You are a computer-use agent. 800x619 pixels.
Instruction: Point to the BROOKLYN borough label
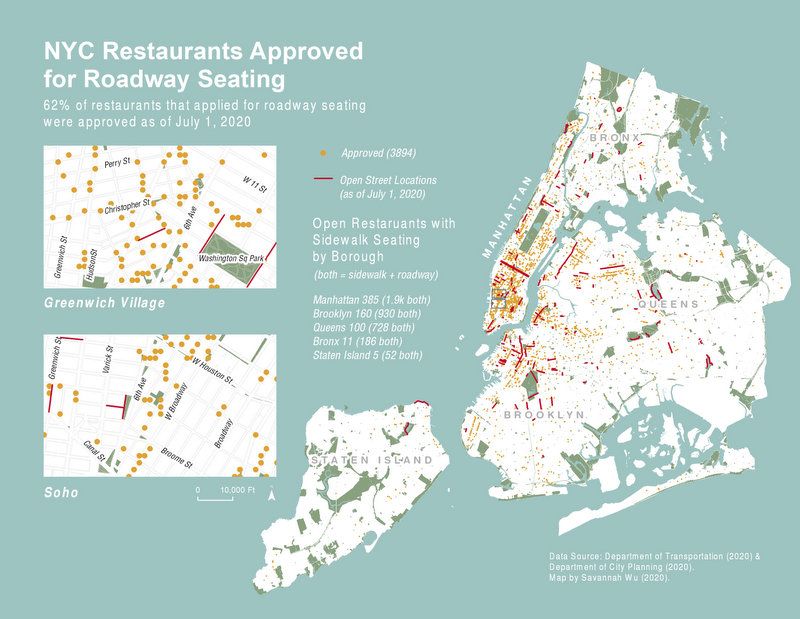(543, 413)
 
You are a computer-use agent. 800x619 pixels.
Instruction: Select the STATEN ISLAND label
(372, 460)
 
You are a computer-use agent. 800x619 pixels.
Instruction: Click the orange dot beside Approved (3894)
(323, 153)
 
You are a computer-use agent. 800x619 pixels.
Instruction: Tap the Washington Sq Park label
(231, 259)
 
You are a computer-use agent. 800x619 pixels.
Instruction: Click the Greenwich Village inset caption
(105, 302)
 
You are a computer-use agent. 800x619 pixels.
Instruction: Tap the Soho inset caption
(63, 493)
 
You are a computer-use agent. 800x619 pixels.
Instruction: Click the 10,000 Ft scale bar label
(238, 490)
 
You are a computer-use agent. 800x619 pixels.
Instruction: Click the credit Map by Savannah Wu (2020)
(609, 578)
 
